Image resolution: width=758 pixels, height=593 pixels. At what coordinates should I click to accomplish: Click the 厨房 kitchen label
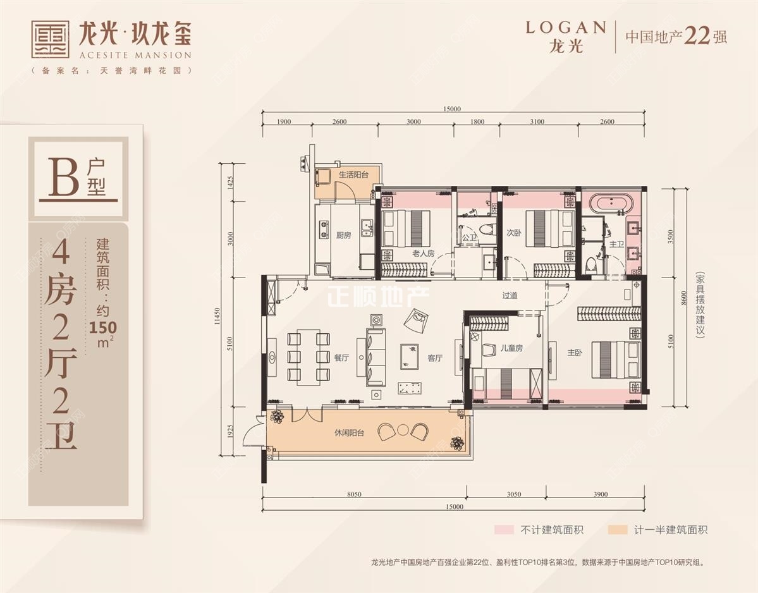point(343,235)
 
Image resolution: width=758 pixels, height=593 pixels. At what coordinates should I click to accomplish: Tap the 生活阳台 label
point(353,174)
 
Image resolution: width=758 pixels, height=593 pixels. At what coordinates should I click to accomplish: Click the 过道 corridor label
point(510,295)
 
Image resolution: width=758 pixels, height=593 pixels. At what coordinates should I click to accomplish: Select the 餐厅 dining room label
point(341,358)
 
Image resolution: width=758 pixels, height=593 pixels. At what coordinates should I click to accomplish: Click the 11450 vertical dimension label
point(217,319)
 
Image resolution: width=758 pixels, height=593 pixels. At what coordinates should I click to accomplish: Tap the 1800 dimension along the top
point(477,121)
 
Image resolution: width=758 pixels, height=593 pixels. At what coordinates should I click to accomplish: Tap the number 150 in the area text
point(102,327)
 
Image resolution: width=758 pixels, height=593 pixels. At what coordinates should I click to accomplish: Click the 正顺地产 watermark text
point(378,295)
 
